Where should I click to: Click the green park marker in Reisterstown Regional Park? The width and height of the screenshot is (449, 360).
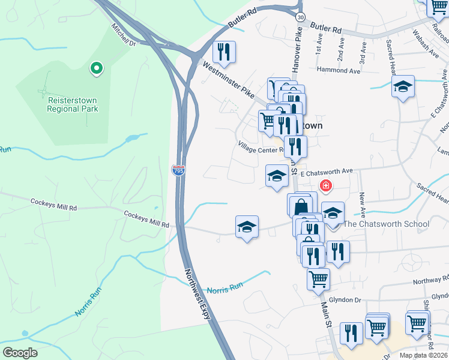point(95,69)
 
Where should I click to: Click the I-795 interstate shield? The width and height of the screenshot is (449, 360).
point(178,170)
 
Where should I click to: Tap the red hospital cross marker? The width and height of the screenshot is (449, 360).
point(326,186)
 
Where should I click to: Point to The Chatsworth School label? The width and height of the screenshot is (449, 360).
point(386,224)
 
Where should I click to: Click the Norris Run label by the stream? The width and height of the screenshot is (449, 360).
point(224,290)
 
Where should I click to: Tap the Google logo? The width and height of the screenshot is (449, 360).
point(20,353)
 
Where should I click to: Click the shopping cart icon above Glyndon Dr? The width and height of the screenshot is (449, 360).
point(318,278)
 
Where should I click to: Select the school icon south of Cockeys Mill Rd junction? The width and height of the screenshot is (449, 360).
point(247,227)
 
